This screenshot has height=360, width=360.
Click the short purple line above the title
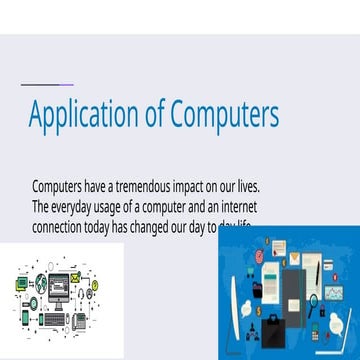[46, 84]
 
